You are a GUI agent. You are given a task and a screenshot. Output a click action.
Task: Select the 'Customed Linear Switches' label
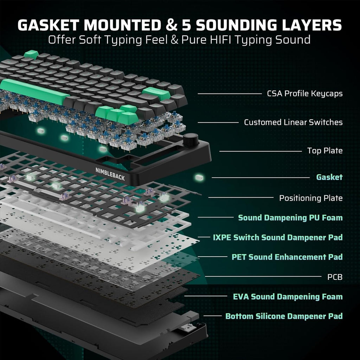[x=293, y=122]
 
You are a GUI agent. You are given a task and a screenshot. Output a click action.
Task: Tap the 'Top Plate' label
[x=324, y=151]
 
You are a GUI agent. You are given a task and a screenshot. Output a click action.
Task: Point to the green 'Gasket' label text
[x=329, y=177]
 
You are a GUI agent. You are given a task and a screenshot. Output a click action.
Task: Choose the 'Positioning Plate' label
[x=311, y=198]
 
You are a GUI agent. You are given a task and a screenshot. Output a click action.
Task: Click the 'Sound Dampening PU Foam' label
[x=290, y=218]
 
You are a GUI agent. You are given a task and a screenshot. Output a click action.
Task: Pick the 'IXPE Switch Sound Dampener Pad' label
[x=278, y=237]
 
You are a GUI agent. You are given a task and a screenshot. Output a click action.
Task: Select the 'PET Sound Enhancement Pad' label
[x=287, y=257]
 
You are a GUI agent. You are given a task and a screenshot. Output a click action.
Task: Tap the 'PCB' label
[x=335, y=277]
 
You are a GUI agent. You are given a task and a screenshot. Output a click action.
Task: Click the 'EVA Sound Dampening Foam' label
[x=288, y=297]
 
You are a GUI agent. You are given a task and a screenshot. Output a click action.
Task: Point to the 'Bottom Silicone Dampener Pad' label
[x=284, y=316]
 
